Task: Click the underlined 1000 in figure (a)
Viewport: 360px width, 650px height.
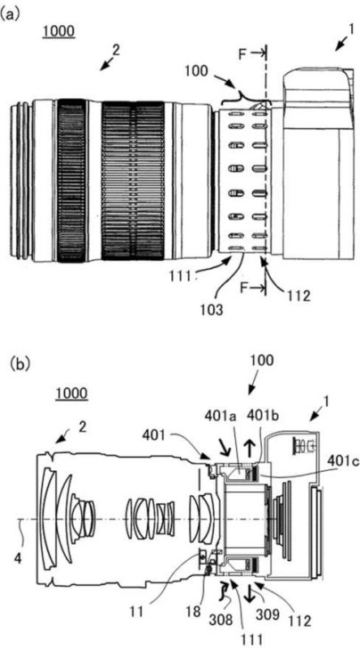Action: [x=59, y=32]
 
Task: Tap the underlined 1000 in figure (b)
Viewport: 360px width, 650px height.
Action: [x=72, y=394]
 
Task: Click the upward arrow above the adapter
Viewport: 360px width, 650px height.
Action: [x=250, y=448]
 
